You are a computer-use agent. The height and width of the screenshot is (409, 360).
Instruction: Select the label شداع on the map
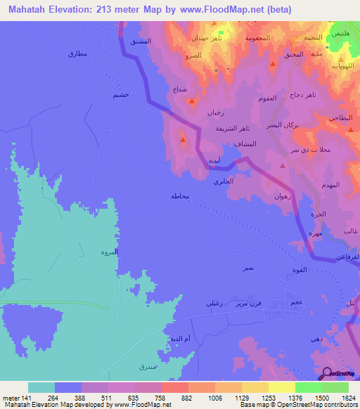(x=180, y=90)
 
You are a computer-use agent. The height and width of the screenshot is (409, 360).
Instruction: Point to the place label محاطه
(x=180, y=197)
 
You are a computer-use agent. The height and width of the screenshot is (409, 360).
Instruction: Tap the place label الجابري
(x=223, y=181)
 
